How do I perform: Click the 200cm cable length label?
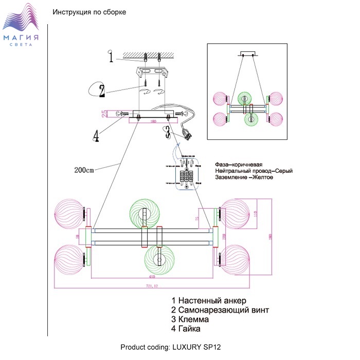(x=84, y=170)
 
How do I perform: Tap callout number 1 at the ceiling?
(x=111, y=57)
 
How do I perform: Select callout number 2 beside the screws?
(x=102, y=91)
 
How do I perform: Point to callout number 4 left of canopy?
(x=96, y=136)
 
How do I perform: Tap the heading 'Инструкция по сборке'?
(x=89, y=12)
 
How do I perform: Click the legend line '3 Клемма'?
(x=193, y=319)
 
